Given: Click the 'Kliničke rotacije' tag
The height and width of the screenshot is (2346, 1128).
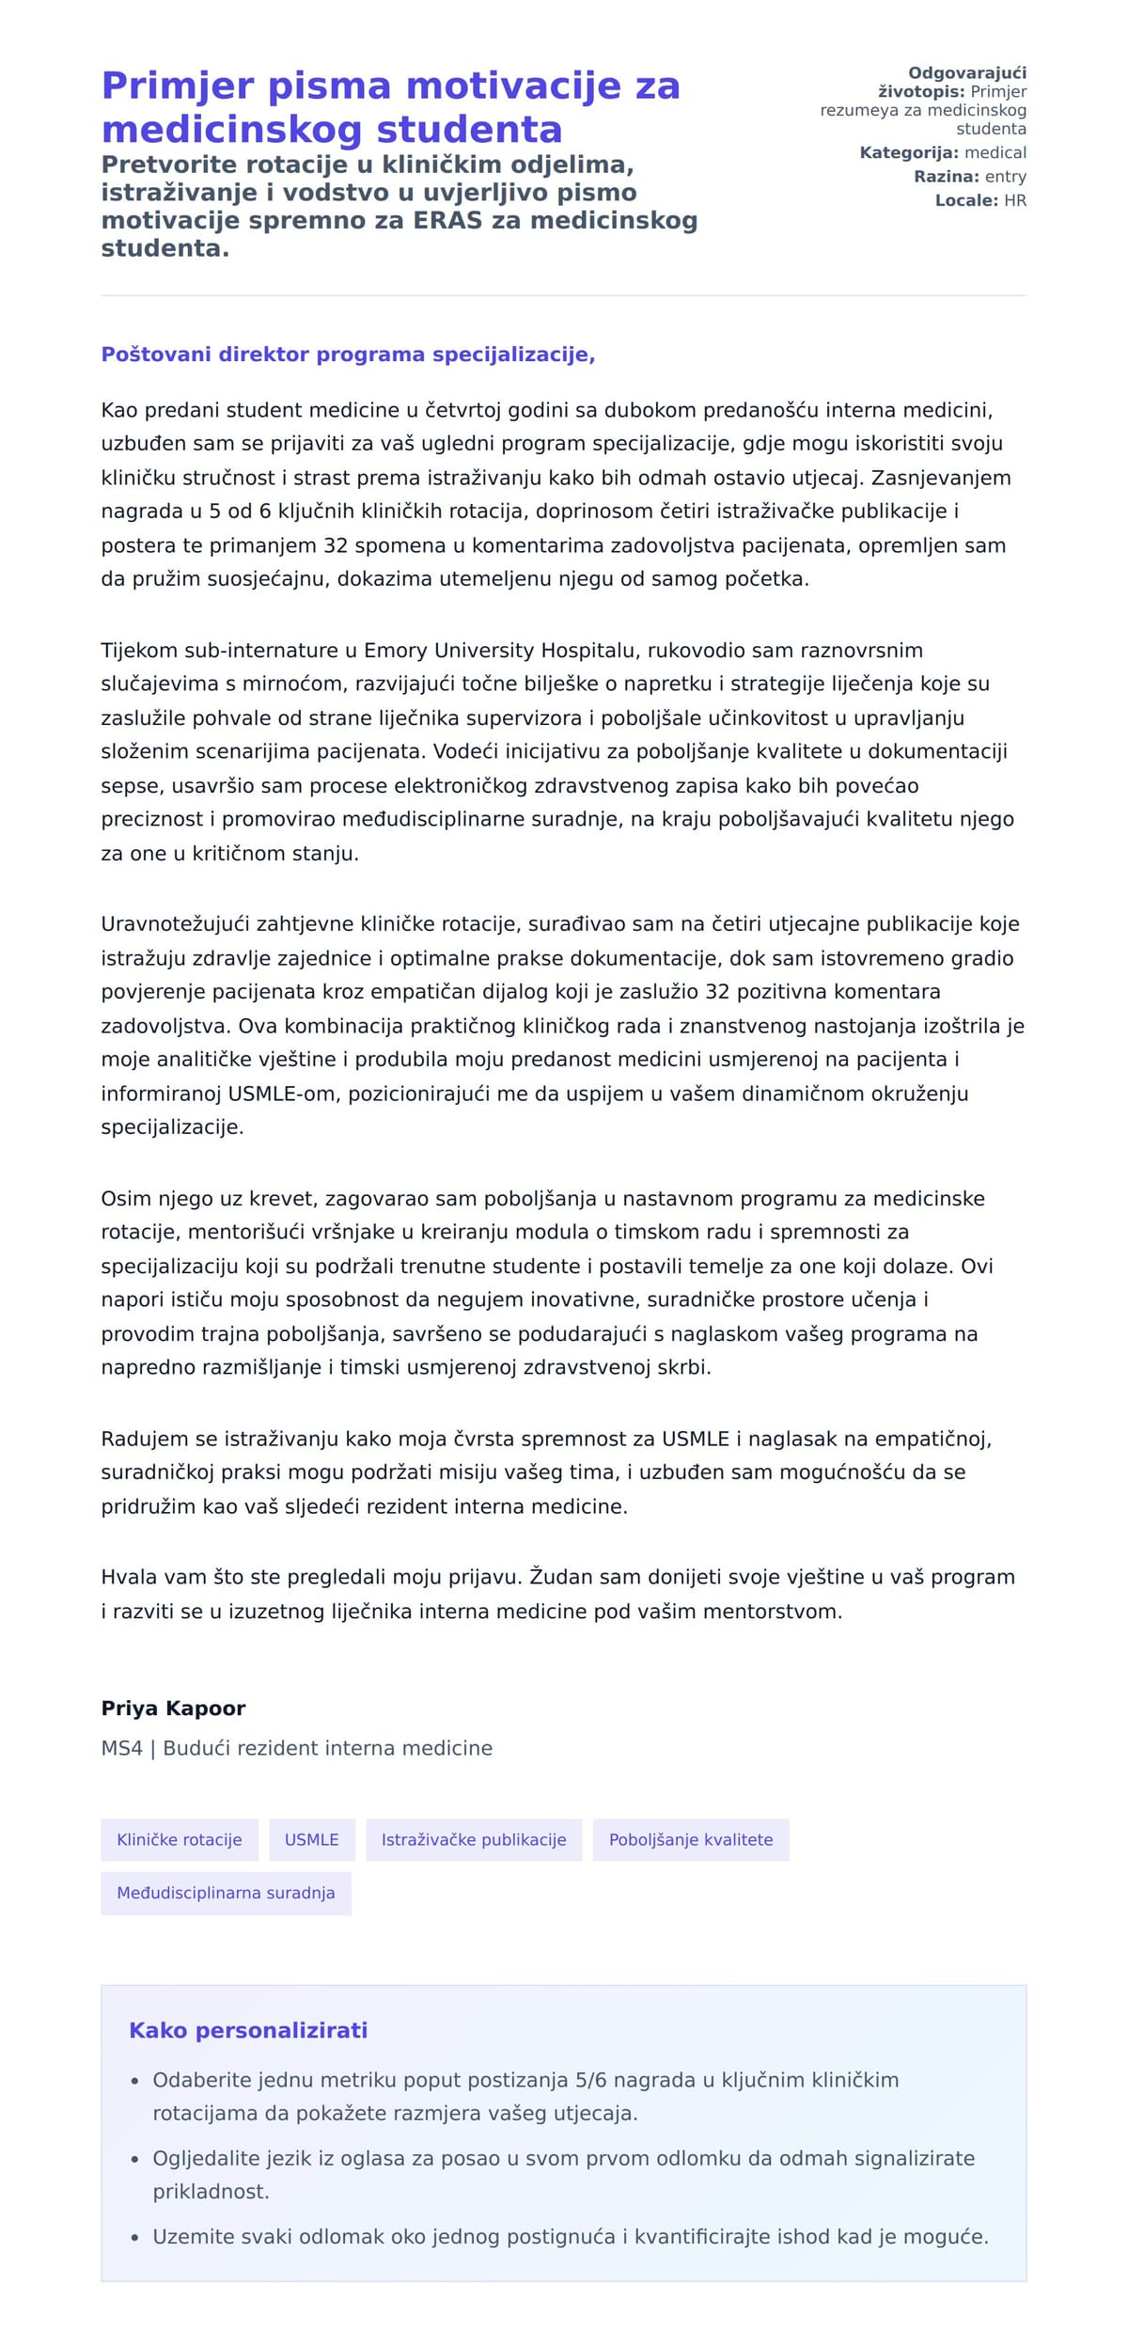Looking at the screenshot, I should coord(179,1839).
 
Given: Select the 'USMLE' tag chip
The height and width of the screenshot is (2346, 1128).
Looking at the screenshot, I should coord(311,1839).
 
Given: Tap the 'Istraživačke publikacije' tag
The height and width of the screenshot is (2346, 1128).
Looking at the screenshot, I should coord(473,1839).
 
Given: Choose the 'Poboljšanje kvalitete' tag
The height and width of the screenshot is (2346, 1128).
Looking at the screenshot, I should coord(690,1839).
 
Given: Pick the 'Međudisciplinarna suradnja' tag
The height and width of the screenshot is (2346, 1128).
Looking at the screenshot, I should coord(226,1893).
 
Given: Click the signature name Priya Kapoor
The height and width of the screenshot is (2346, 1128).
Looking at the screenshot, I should coord(173,1708).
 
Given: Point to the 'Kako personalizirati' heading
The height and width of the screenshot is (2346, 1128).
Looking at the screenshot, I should coord(248,2030).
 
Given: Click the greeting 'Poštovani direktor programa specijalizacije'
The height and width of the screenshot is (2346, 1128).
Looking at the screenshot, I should coord(348,354).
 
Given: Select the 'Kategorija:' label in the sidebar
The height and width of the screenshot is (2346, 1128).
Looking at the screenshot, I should coord(908,152).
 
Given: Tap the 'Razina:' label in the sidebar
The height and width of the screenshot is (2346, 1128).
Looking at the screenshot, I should coord(946,177).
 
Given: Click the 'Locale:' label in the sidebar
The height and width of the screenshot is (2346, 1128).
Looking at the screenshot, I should coord(966,200).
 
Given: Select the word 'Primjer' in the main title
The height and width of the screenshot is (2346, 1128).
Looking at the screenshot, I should coord(178,86).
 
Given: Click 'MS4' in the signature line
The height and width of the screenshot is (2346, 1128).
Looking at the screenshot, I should coord(121,1748).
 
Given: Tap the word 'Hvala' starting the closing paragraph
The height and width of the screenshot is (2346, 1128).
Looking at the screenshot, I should coord(126,1577).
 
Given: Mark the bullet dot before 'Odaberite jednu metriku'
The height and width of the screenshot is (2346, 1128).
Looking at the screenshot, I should coord(135,2082).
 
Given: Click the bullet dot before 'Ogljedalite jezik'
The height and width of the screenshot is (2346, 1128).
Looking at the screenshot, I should coord(135,2160).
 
